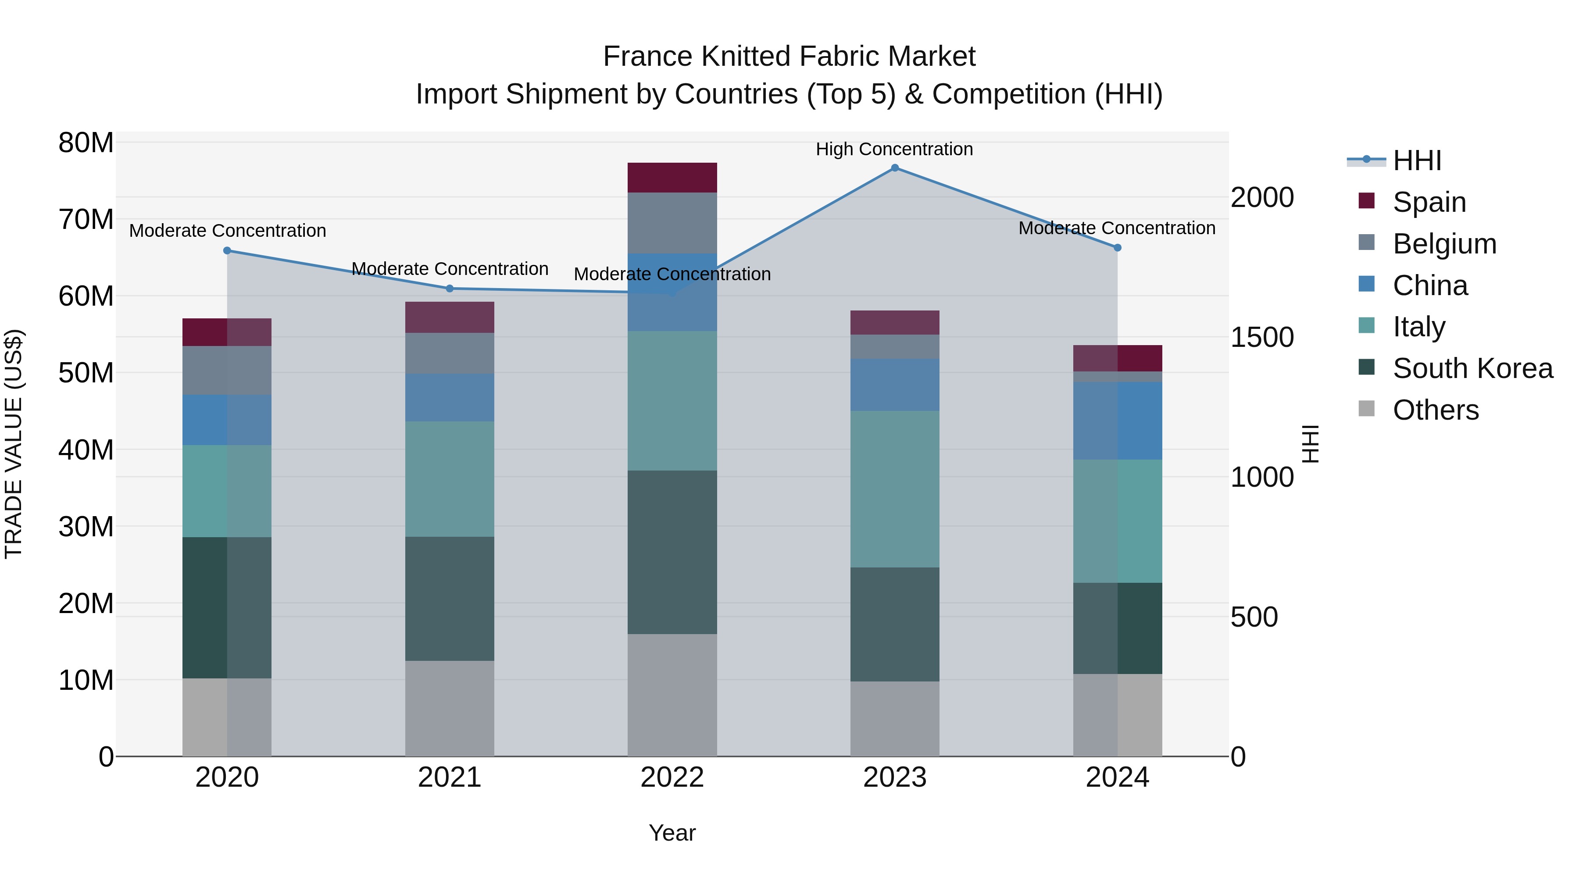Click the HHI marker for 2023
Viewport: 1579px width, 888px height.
coord(894,168)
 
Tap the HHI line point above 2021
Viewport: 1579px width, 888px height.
coord(449,289)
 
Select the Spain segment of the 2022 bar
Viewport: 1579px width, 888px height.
coord(672,178)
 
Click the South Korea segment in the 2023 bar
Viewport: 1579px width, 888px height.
coord(894,624)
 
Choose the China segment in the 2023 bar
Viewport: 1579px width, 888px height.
coord(894,385)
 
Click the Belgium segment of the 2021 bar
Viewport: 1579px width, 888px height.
coord(449,353)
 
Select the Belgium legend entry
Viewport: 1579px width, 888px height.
coord(1444,244)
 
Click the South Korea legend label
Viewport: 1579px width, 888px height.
coord(1472,369)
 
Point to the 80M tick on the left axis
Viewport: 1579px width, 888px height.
coord(86,143)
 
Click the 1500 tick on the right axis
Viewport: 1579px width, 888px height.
coord(1262,338)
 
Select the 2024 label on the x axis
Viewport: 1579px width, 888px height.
coord(1117,777)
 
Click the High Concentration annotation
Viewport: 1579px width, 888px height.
coord(894,150)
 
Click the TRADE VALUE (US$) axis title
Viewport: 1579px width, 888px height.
coord(14,444)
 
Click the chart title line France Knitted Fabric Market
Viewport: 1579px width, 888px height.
coord(789,57)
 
